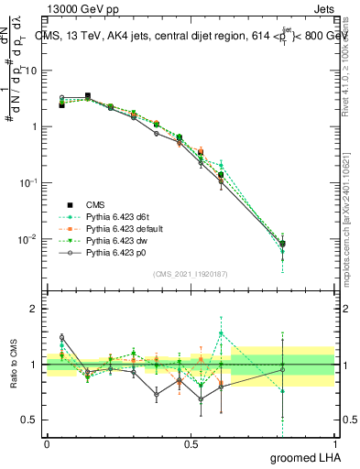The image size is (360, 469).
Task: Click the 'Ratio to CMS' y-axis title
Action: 16,365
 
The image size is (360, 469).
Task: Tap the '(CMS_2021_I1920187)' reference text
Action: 191,274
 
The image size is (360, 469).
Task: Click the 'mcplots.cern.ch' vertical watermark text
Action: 346,229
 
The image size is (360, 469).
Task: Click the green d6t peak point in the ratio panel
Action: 221,333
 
